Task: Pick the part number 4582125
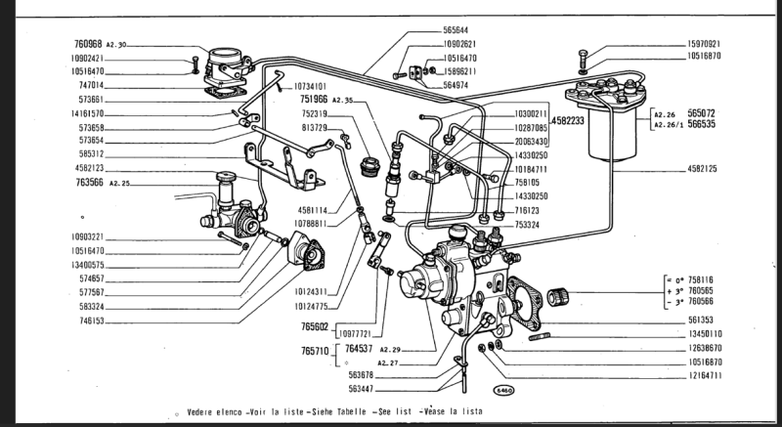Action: click(701, 170)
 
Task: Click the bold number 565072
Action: click(708, 112)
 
